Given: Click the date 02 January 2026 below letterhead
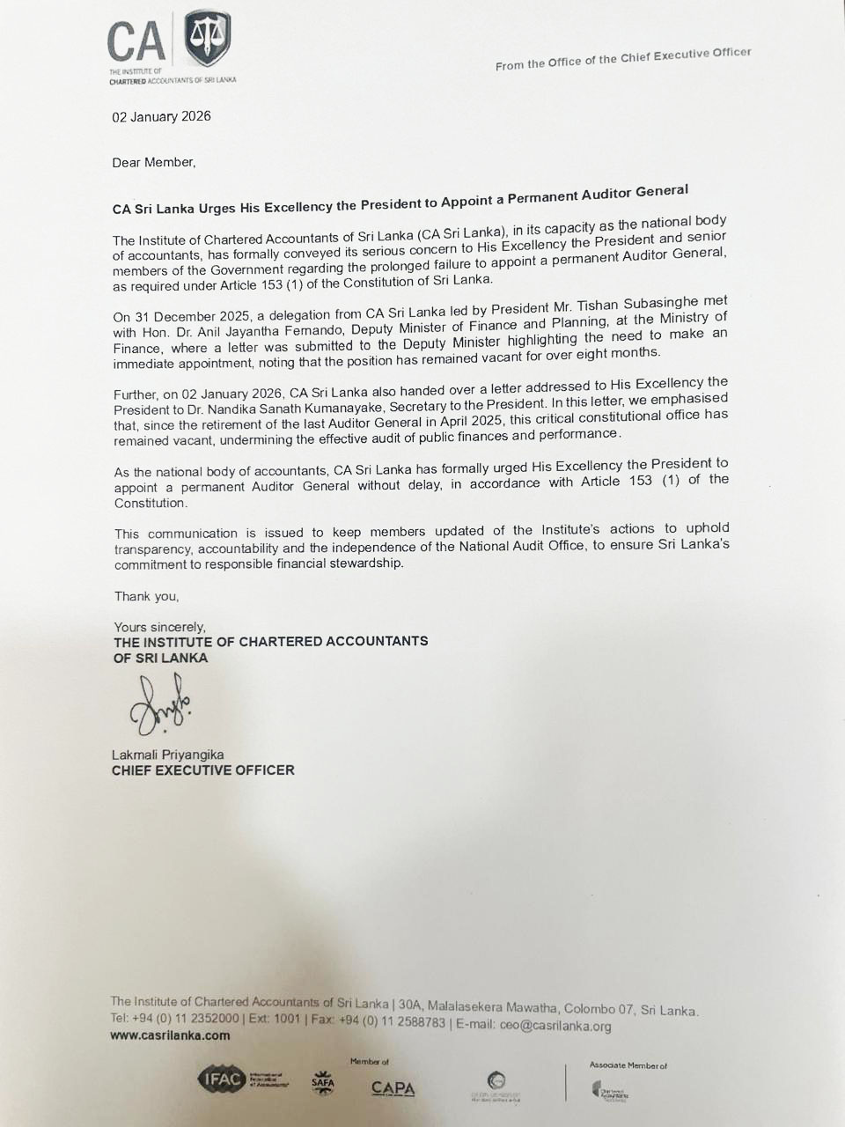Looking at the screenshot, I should (161, 116).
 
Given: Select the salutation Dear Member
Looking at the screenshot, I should (153, 162).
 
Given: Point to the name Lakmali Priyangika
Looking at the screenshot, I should (167, 755).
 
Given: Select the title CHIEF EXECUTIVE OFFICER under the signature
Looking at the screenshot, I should (202, 770).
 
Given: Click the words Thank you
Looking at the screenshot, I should (146, 596).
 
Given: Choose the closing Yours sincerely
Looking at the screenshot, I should (159, 627).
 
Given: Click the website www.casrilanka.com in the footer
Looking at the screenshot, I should (170, 1035).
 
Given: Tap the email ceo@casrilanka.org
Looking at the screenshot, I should (555, 1025).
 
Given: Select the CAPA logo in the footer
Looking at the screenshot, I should (393, 1088).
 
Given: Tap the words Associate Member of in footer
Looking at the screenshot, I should (628, 1065).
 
